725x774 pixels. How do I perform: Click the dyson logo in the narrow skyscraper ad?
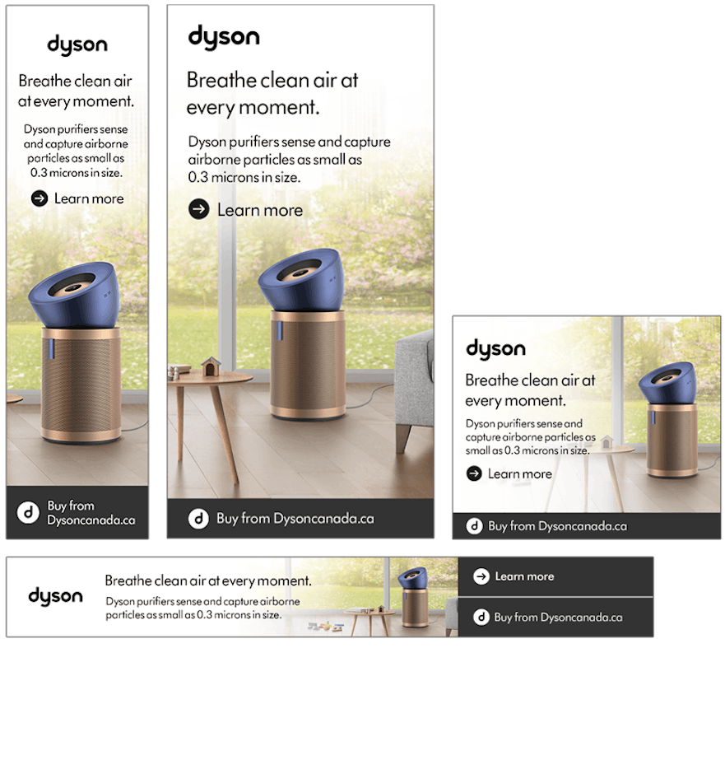(77, 45)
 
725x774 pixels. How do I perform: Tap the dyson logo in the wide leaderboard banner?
(55, 596)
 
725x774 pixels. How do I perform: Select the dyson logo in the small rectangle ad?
(495, 349)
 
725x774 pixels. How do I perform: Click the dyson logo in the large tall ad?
(224, 37)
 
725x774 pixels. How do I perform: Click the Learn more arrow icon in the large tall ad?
(199, 209)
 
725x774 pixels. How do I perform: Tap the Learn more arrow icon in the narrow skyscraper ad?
(40, 198)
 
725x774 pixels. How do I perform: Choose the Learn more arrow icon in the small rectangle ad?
(474, 474)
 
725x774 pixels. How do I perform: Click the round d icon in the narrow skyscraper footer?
(28, 512)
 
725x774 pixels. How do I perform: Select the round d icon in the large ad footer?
(199, 519)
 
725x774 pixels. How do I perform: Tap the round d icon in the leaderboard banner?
(481, 617)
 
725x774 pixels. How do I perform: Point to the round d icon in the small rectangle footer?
(474, 526)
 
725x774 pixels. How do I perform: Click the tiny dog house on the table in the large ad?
(211, 366)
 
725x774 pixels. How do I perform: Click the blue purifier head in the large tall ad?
(301, 279)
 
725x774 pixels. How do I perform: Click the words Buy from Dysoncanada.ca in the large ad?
(295, 519)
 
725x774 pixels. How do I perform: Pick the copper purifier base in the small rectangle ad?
(672, 440)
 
